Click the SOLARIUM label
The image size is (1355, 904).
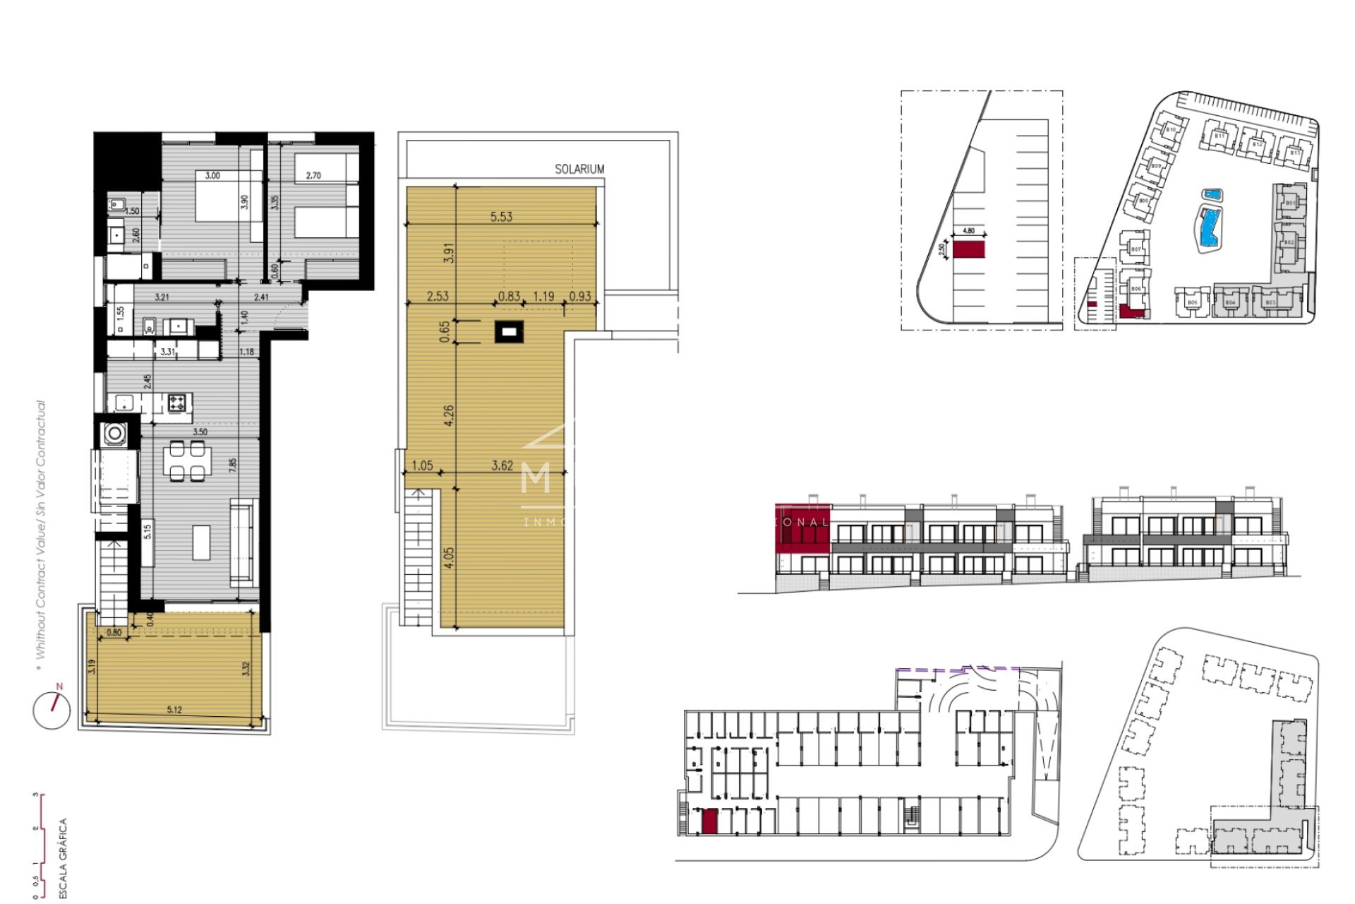click(x=579, y=169)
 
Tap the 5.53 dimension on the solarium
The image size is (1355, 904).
click(x=501, y=217)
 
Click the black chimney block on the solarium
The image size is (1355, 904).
click(x=509, y=331)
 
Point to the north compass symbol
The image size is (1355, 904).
click(x=52, y=709)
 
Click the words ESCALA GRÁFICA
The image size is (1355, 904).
click(x=63, y=857)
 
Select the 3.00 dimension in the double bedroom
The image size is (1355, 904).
click(x=212, y=176)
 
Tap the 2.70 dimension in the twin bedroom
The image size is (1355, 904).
click(x=313, y=176)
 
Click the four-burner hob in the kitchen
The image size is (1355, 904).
click(x=177, y=403)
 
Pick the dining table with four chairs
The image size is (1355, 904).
click(x=187, y=460)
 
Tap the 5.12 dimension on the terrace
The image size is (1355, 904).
click(x=174, y=710)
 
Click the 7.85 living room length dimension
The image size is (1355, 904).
click(x=233, y=465)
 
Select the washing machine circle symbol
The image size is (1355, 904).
click(x=114, y=433)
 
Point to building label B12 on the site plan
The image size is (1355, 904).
click(x=1257, y=145)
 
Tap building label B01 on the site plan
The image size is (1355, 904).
click(x=1290, y=203)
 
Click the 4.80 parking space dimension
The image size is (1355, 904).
click(x=968, y=231)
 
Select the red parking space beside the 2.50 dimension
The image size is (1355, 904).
click(x=969, y=249)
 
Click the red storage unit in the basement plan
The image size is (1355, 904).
click(x=709, y=821)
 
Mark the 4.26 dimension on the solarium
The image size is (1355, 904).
click(x=449, y=415)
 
